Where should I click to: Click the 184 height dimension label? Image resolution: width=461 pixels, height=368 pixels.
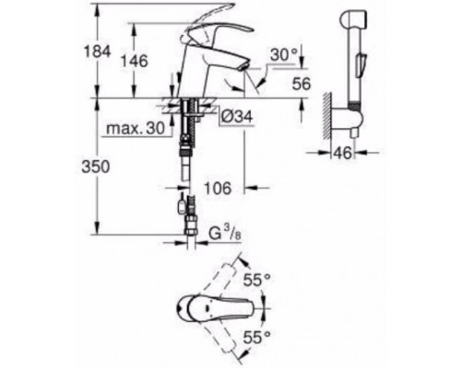point(97,52)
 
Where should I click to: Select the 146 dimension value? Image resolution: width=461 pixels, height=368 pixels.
point(134,61)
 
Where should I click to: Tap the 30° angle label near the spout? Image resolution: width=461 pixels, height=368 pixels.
point(284,55)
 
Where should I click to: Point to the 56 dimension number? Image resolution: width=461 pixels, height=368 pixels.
point(301,84)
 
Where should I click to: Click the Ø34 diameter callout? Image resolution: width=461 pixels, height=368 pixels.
point(237,117)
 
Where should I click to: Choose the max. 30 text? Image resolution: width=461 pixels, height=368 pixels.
point(136,129)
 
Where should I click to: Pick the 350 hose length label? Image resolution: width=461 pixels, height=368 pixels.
point(96,167)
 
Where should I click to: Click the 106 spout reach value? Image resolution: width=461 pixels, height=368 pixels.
point(218,188)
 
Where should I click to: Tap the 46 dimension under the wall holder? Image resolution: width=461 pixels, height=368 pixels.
point(343,153)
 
